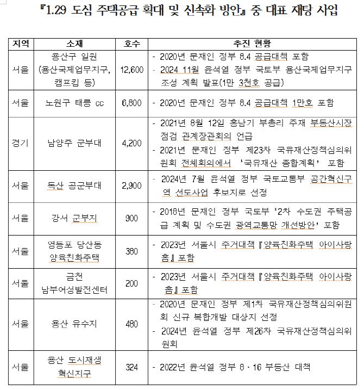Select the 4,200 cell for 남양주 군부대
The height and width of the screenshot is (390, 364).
coord(132,144)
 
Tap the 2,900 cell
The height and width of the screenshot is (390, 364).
coord(132,185)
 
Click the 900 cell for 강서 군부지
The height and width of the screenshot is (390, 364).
coord(132,218)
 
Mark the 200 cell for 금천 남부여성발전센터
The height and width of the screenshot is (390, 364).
coord(132,283)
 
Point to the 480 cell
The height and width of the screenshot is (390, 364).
coord(132,324)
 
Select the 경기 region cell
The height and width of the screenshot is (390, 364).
coord(21,144)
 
